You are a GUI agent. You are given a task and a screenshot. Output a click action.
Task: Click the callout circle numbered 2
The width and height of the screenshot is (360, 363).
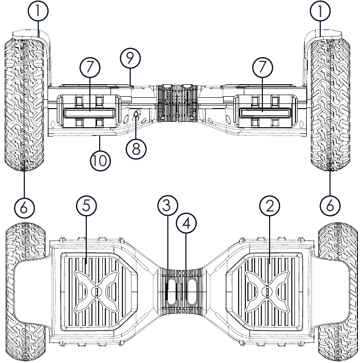(269, 206)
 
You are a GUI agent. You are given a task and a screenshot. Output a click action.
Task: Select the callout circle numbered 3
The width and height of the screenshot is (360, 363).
(165, 206)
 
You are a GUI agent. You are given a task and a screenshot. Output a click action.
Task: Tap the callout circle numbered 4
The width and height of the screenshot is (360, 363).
(186, 224)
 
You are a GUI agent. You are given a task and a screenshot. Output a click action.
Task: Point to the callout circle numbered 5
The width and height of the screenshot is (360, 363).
(86, 206)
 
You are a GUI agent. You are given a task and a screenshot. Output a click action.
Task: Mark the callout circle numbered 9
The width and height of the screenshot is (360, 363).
(130, 58)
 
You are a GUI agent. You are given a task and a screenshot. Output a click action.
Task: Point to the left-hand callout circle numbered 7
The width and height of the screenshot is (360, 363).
(90, 67)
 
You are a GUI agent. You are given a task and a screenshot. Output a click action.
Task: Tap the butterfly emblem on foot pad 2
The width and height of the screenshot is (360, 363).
(267, 291)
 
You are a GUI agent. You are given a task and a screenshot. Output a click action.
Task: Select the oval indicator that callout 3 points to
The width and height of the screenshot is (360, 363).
(171, 292)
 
